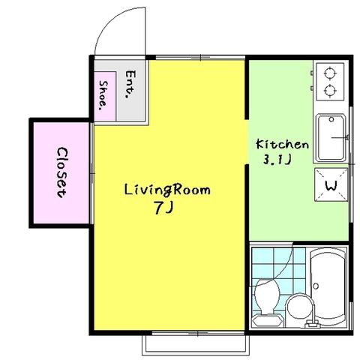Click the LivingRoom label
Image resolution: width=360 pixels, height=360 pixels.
tap(167, 190)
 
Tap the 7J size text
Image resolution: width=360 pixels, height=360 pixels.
tap(163, 208)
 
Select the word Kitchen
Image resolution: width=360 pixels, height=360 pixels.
tap(282, 144)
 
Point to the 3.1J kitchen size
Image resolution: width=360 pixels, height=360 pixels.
tap(277, 159)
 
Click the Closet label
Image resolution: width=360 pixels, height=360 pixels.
tap(61, 172)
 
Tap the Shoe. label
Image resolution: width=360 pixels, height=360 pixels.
tap(103, 95)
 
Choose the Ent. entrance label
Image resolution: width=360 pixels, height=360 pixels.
tap(130, 84)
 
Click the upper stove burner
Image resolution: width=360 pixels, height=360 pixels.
tap(330, 73)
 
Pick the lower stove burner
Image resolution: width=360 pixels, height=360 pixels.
tap(330, 90)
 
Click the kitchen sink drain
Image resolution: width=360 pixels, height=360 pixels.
tap(331, 119)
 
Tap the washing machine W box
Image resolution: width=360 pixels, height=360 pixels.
tap(331, 184)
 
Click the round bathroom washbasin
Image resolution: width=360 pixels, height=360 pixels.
tap(300, 308)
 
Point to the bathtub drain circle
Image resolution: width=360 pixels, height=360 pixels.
tap(316, 286)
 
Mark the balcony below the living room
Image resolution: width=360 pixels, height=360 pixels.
tap(196, 345)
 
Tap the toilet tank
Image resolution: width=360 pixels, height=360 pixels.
tap(268, 320)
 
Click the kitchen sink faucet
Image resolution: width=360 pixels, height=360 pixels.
tap(340, 137)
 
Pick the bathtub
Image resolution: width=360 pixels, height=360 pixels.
tap(328, 286)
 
